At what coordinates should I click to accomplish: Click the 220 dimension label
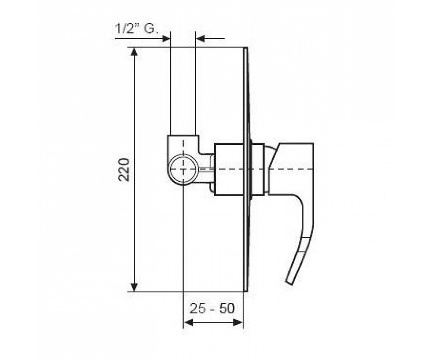click(124, 170)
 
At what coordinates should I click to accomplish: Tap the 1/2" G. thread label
click(136, 28)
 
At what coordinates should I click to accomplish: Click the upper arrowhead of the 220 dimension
click(135, 52)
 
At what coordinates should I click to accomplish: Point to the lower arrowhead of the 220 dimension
click(135, 287)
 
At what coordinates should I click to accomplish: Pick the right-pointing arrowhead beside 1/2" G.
click(166, 39)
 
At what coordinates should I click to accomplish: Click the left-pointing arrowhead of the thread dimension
click(200, 39)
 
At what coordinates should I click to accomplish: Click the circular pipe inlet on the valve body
click(183, 169)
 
